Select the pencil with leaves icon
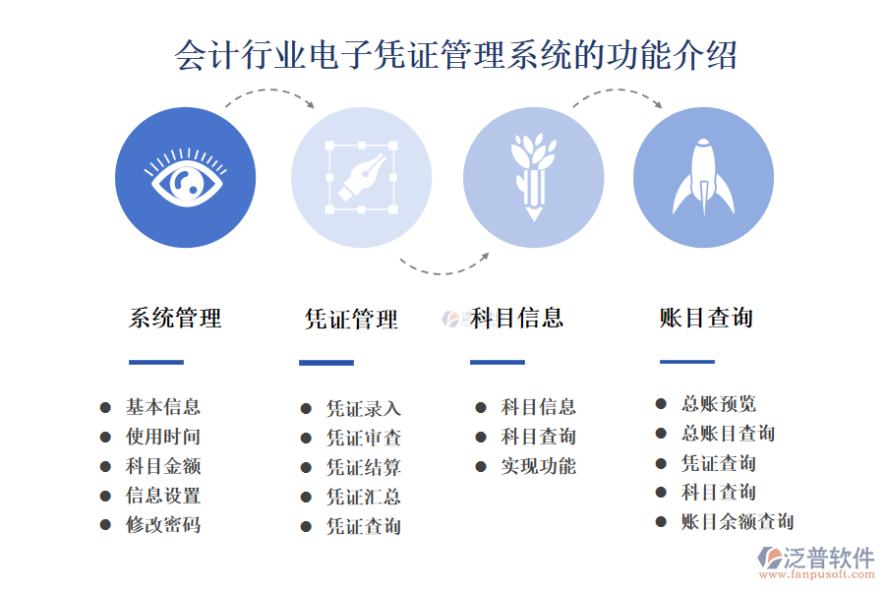tap(533, 177)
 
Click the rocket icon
tap(703, 177)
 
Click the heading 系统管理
tap(175, 318)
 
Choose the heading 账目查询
tap(706, 318)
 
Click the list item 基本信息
tap(163, 407)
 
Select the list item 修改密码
tap(163, 525)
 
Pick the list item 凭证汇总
tap(364, 498)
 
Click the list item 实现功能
tap(539, 466)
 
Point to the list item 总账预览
tap(719, 404)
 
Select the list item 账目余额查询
tap(737, 522)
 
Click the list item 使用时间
tap(163, 437)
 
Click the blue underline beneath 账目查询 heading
tap(687, 362)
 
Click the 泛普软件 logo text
tap(828, 558)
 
